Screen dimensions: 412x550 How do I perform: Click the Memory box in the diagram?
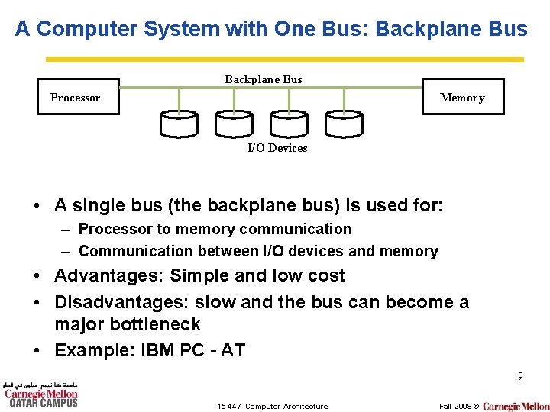[x=462, y=97]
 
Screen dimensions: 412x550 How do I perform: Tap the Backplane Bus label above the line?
[x=263, y=79]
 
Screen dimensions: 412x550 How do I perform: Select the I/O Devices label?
[x=277, y=148]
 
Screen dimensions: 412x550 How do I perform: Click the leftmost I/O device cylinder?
[x=179, y=124]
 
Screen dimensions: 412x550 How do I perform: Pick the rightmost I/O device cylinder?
[x=344, y=124]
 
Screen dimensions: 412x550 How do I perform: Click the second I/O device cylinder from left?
[x=233, y=124]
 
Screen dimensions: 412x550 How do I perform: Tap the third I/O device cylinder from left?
[x=288, y=124]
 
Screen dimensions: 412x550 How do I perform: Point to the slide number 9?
[x=520, y=376]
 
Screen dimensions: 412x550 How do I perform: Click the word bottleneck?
[x=158, y=324]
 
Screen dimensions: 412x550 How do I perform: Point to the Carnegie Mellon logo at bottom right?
[x=516, y=406]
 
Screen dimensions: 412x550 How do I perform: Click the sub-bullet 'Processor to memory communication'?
[x=215, y=229]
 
